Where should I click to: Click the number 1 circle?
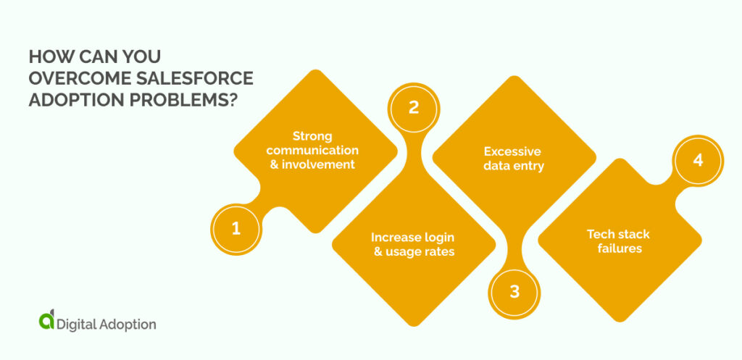click(235, 229)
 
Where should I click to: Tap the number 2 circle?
click(413, 108)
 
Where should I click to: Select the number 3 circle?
click(514, 293)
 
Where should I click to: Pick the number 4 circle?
click(697, 161)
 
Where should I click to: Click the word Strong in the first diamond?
click(312, 136)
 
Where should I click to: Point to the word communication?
click(312, 150)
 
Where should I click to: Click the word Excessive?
click(512, 151)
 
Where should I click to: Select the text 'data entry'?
click(512, 166)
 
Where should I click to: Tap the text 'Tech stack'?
click(618, 234)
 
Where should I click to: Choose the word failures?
click(618, 248)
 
